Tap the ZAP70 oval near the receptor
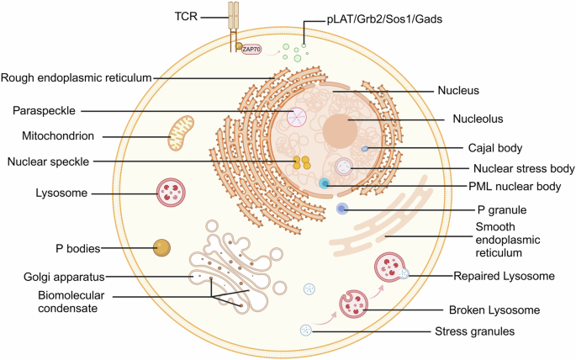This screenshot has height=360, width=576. [x=250, y=50]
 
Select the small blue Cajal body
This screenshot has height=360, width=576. [x=365, y=149]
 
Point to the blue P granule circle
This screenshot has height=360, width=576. [x=342, y=209]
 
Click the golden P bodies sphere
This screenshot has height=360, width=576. [x=162, y=248]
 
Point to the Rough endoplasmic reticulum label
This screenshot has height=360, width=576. [x=77, y=78]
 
